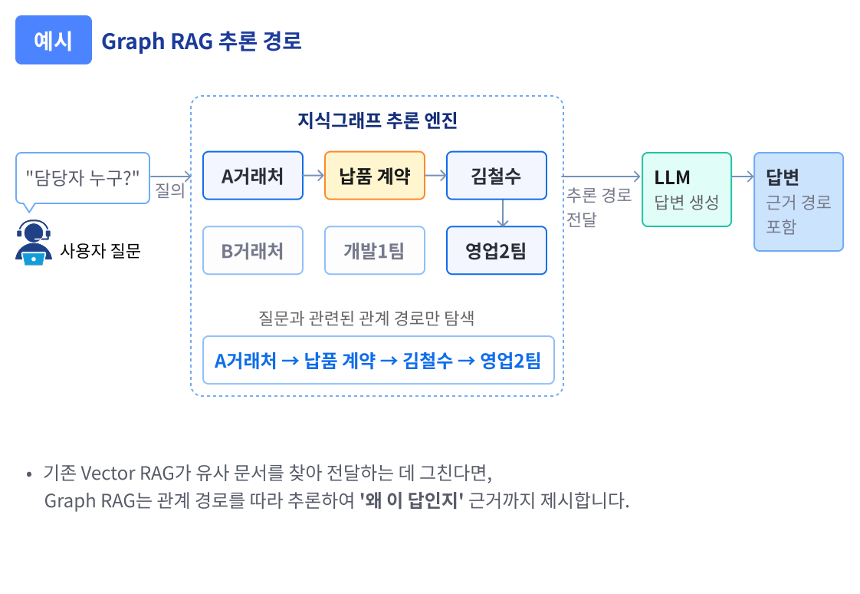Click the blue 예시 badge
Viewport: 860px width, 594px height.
(x=54, y=40)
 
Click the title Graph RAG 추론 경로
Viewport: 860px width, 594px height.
(x=202, y=41)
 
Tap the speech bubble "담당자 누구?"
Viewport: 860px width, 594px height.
(x=83, y=177)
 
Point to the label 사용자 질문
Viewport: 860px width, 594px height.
(x=100, y=250)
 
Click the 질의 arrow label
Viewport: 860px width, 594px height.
(x=170, y=190)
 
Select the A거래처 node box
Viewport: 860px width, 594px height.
(x=253, y=176)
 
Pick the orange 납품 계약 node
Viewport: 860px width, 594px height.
(x=375, y=176)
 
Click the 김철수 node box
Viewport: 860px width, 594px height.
(x=496, y=176)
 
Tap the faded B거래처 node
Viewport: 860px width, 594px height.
(x=253, y=250)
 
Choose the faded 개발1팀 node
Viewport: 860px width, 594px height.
(x=375, y=250)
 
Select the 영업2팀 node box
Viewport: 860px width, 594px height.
(x=496, y=250)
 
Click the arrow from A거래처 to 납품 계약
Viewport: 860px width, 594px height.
(x=314, y=176)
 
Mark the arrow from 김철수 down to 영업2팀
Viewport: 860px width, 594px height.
(x=502, y=213)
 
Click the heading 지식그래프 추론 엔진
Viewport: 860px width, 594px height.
(x=377, y=120)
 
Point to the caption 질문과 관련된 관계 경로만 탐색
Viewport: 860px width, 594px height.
(x=366, y=318)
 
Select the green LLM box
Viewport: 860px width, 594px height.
(x=686, y=190)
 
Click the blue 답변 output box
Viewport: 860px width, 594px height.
(x=798, y=201)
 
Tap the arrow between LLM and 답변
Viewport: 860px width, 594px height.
(x=743, y=177)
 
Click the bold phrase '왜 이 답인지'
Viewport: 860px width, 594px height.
(x=412, y=502)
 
